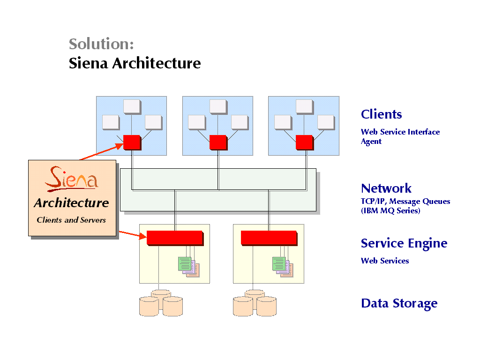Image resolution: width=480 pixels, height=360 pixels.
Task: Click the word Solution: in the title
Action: click(x=101, y=44)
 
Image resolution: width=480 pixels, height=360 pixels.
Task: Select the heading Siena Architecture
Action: click(x=135, y=63)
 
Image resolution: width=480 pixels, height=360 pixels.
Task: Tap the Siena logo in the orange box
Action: click(x=72, y=179)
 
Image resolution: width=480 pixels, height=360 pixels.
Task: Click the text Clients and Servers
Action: click(x=71, y=220)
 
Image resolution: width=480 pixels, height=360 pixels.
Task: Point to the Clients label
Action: click(x=381, y=114)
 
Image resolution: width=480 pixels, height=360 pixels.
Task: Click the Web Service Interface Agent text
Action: click(x=400, y=136)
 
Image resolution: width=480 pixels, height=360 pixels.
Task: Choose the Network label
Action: click(x=386, y=188)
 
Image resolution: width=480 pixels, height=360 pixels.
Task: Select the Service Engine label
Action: click(x=404, y=243)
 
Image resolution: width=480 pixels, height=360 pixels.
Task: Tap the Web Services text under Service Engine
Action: click(x=384, y=261)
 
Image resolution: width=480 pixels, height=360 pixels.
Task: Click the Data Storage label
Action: click(x=399, y=303)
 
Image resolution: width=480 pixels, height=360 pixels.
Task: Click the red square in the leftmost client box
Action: click(x=132, y=142)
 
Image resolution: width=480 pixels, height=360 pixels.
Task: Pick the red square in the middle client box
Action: click(x=218, y=142)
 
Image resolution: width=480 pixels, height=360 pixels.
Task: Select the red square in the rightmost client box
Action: click(x=304, y=142)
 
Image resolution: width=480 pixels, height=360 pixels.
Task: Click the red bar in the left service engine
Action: click(x=174, y=238)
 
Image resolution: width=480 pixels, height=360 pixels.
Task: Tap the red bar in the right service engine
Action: click(x=268, y=238)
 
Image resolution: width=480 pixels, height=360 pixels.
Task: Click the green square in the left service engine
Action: click(x=185, y=263)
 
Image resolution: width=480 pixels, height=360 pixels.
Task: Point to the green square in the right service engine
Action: click(x=278, y=263)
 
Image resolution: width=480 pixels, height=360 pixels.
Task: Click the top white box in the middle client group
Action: click(x=218, y=106)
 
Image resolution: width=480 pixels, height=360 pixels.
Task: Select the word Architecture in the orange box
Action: click(x=71, y=203)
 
